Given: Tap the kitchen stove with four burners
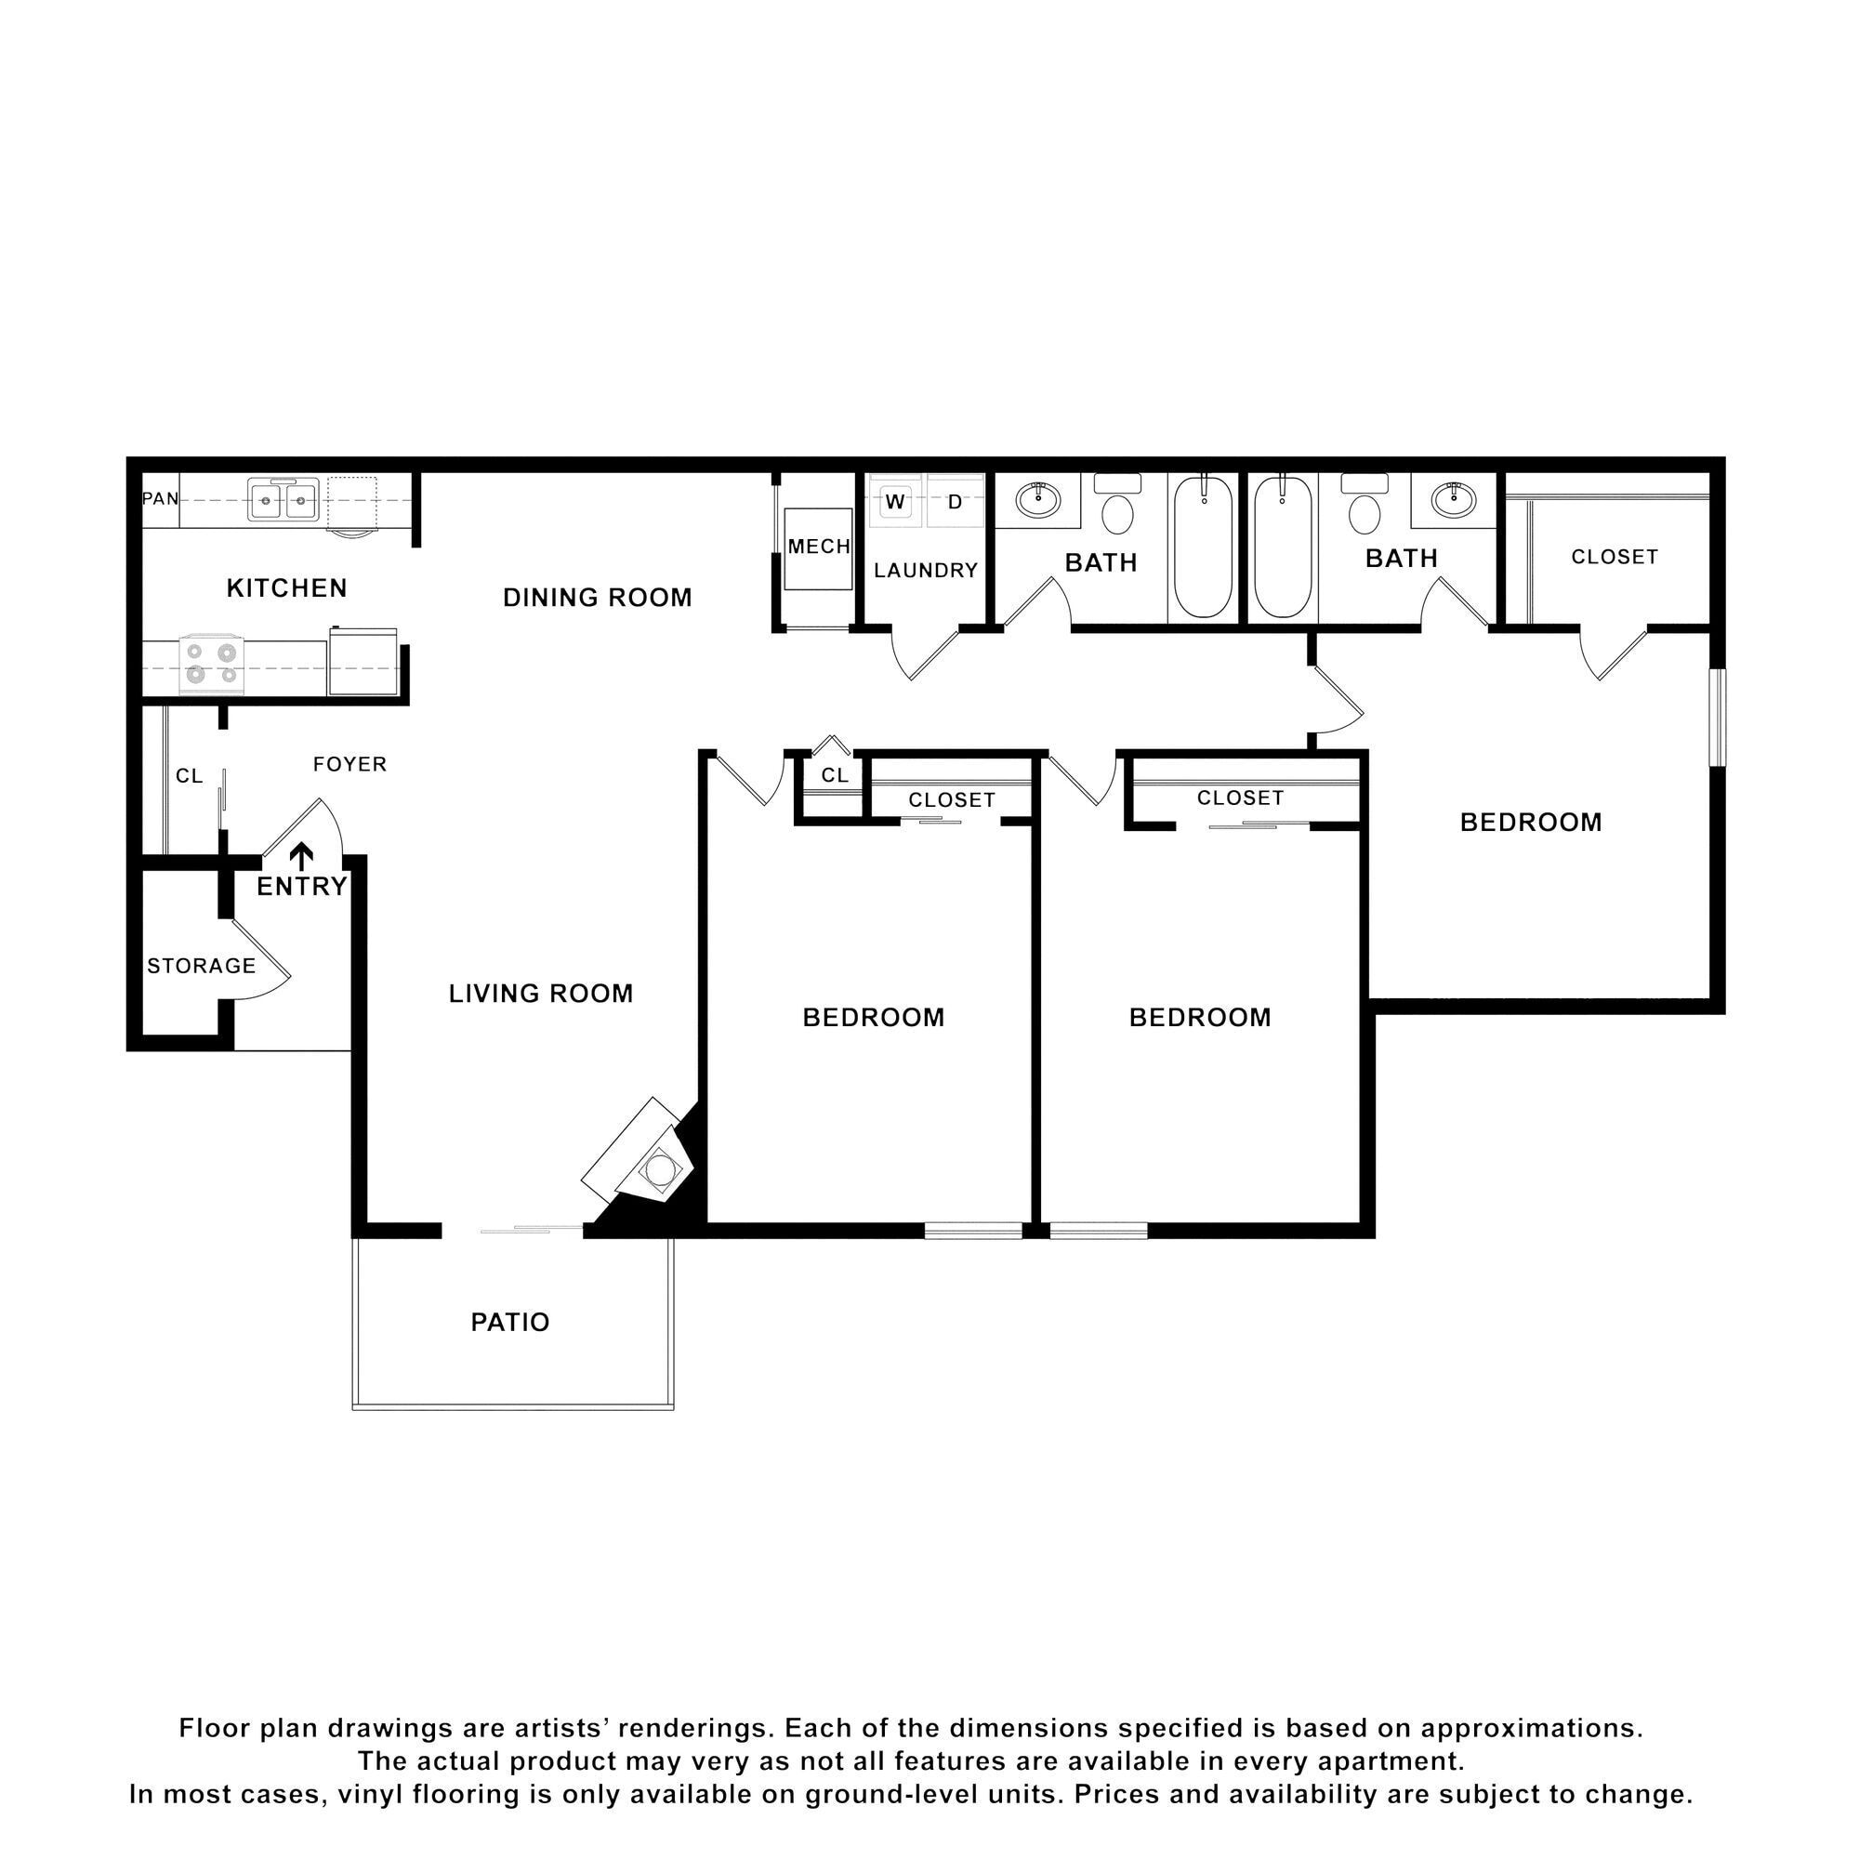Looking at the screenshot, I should [212, 664].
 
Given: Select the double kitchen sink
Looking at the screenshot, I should [283, 500].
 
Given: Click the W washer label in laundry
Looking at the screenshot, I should [895, 501].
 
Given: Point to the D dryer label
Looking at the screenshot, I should [955, 501].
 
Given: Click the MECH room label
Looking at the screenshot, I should [819, 547].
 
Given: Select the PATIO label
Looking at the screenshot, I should [510, 1322].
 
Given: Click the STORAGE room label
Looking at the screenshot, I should [201, 965].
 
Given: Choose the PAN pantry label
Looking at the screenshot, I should [160, 498].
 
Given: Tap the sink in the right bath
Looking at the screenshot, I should [1453, 499].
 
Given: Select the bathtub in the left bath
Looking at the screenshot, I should [1203, 547].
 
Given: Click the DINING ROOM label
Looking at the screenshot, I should [598, 598].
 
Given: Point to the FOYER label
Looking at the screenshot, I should [349, 764].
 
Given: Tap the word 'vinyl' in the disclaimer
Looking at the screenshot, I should [449, 1794].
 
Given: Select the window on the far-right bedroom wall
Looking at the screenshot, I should [1717, 717].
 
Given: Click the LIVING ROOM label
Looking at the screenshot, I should [541, 993].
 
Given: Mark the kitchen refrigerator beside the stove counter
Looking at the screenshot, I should [363, 661].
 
